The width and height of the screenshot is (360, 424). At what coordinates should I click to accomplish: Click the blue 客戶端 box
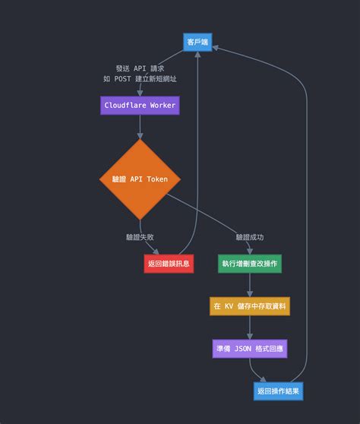(197, 43)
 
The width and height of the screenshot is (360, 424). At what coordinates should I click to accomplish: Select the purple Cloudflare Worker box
(140, 106)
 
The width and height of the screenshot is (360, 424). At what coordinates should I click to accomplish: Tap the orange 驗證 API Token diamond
(140, 179)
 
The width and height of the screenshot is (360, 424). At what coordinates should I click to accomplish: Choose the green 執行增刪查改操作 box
(249, 264)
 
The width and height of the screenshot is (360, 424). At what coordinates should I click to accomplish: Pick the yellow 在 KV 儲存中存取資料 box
(249, 306)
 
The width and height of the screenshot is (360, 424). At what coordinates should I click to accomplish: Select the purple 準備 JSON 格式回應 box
(249, 349)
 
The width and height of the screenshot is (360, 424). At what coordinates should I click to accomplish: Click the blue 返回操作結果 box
(278, 391)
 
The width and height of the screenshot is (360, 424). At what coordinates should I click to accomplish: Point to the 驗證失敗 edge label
(141, 237)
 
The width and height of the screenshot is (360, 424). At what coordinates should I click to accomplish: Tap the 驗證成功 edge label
(249, 237)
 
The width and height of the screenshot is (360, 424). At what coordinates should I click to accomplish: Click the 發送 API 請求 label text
(141, 68)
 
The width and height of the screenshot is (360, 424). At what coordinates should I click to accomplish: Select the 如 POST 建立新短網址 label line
(141, 79)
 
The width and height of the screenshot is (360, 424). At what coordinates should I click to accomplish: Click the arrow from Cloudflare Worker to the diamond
(140, 127)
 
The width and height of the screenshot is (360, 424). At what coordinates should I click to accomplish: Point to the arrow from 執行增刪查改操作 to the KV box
(249, 285)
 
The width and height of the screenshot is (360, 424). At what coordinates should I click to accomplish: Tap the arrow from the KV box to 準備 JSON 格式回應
(249, 327)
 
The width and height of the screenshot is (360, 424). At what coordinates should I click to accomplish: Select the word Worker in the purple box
(162, 106)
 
